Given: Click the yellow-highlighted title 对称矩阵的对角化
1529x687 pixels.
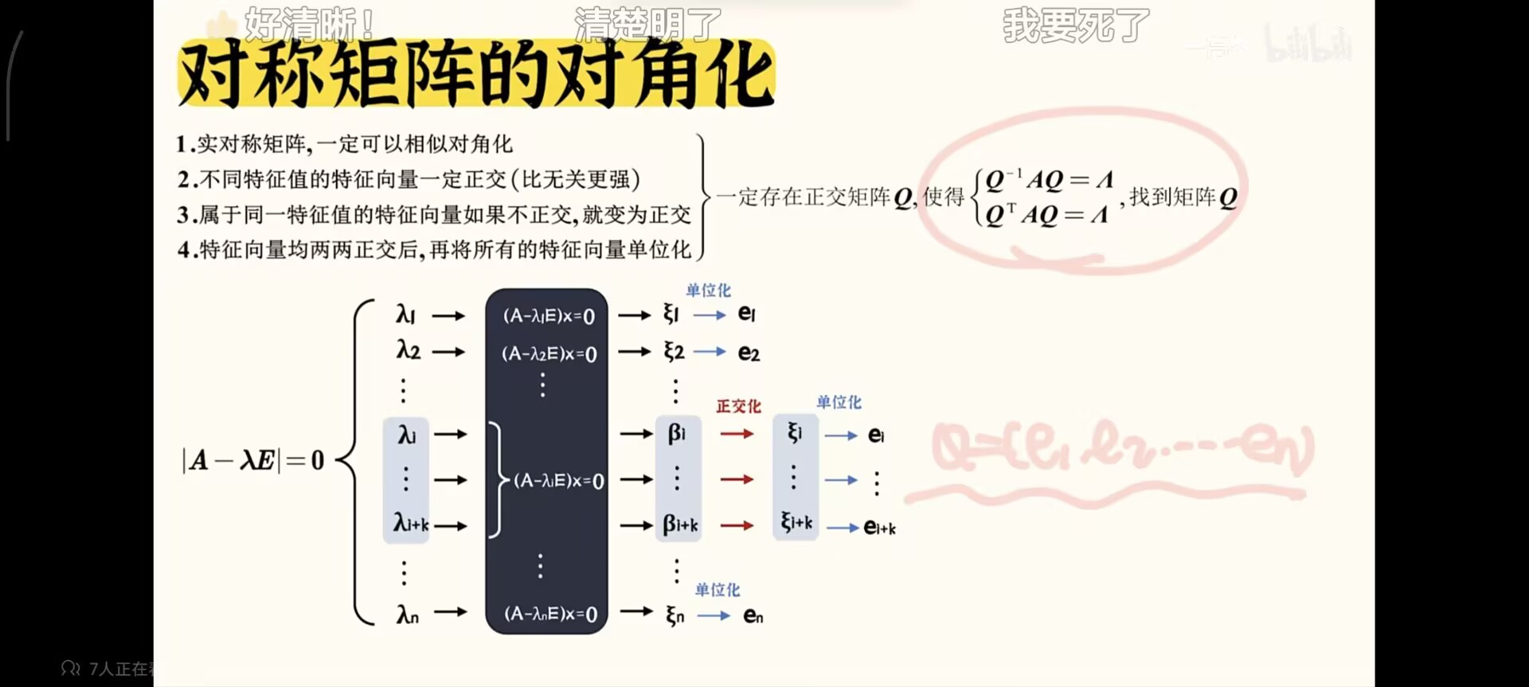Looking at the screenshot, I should pos(476,74).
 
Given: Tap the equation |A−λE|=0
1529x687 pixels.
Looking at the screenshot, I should pos(253,460).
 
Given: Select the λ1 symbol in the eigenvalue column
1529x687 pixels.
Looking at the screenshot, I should pos(405,315).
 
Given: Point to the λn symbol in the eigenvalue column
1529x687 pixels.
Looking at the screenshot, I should pos(407,614).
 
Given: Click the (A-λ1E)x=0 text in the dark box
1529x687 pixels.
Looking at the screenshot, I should pos(549,316).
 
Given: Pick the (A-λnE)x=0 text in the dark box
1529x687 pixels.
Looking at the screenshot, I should pos(550,614).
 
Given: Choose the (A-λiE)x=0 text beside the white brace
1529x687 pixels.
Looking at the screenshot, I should pos(558,481).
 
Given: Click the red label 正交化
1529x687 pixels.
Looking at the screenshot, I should pos(738,407).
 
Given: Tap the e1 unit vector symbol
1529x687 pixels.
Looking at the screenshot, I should pos(746,314).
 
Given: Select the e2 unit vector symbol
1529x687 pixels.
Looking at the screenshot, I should pos(749,353).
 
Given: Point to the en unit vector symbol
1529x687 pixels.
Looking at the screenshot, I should pos(753,615).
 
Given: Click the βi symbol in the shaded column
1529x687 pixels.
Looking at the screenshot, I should pos(676,434).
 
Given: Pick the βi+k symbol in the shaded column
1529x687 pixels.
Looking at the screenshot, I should pos(680,525).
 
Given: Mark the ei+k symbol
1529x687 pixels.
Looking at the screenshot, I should pos(879,528).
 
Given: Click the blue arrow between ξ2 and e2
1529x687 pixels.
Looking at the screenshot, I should pos(710,352).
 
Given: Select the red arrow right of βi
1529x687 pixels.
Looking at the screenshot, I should pos(737,434).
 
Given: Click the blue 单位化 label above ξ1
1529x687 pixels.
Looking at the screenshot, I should pos(708,291).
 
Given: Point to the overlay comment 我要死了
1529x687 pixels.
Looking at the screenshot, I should pos(1076,25).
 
